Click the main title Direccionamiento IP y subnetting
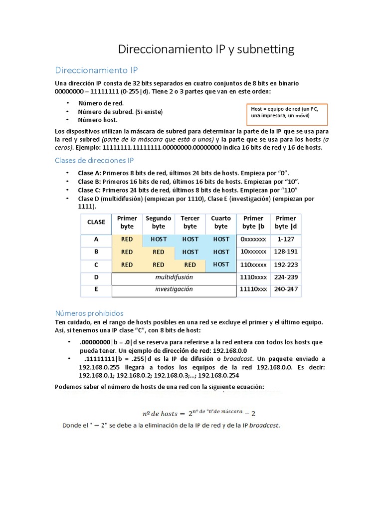pos(205,49)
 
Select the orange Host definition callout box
pos(287,113)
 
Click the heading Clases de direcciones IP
pos(94,160)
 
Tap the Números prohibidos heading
pos(89,313)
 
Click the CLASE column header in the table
pos(96,222)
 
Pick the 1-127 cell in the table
pos(285,240)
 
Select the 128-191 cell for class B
pos(285,252)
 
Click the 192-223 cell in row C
pos(285,264)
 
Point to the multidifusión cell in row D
pos(174,277)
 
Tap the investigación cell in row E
pos(174,289)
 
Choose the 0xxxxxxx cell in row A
pos(253,240)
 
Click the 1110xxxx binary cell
pos(253,277)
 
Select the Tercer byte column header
pos(190,222)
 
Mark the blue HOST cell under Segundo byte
pos(159,240)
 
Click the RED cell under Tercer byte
pos(190,264)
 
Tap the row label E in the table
pos(96,289)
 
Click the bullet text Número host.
pos(98,120)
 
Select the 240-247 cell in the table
pos(285,289)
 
